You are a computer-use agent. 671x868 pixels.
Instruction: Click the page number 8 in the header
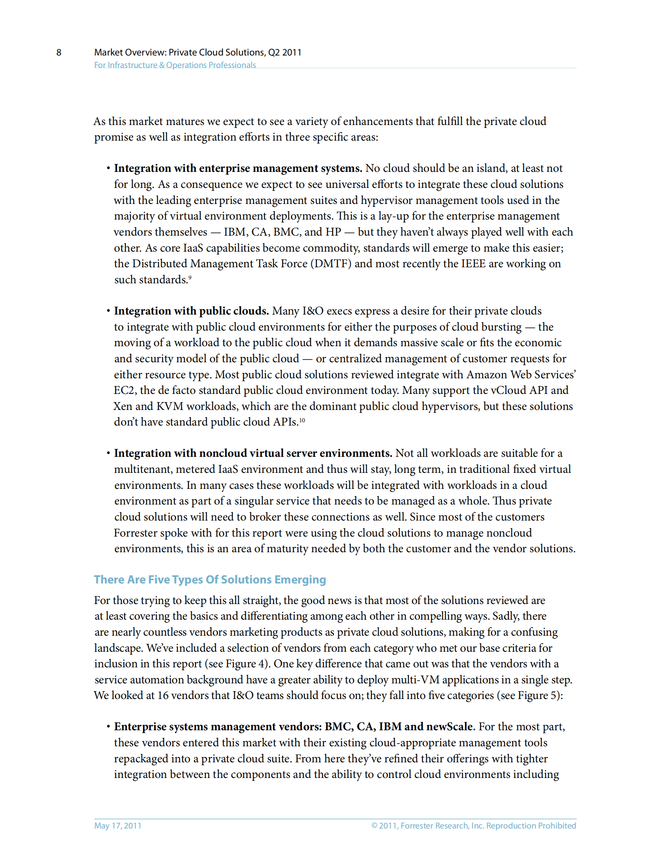pyautogui.click(x=59, y=53)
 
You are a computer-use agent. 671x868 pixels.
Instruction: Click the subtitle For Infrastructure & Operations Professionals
pyautogui.click(x=175, y=65)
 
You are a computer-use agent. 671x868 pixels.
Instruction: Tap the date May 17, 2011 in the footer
pyautogui.click(x=118, y=825)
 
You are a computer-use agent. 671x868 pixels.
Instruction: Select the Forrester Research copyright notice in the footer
pyautogui.click(x=473, y=825)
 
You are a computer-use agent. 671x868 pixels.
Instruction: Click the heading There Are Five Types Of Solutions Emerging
pyautogui.click(x=210, y=579)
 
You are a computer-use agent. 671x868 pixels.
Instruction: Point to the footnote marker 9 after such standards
pyautogui.click(x=190, y=278)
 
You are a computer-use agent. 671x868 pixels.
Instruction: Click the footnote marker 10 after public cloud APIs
pyautogui.click(x=302, y=420)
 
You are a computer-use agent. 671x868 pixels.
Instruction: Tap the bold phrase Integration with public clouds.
pyautogui.click(x=191, y=311)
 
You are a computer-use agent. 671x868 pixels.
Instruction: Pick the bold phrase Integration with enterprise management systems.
pyautogui.click(x=238, y=168)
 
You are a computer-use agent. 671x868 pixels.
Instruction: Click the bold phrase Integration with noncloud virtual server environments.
pyautogui.click(x=253, y=453)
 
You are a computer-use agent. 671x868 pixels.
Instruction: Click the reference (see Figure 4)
pyautogui.click(x=236, y=664)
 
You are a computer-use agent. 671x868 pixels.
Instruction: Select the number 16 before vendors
pyautogui.click(x=163, y=695)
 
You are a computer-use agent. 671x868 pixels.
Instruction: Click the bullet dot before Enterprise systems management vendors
pyautogui.click(x=108, y=727)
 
